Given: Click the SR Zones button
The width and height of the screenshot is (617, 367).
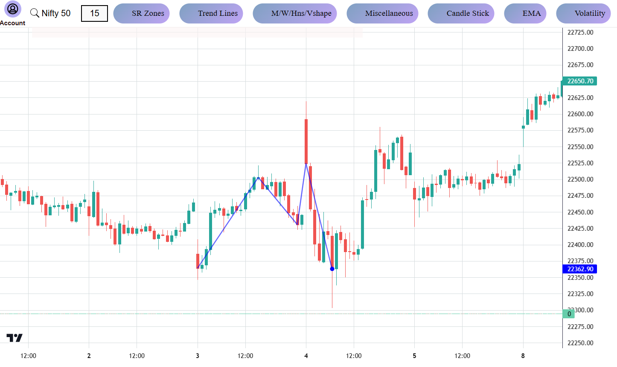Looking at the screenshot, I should click(x=142, y=13).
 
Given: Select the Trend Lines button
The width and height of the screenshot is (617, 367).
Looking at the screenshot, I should click(x=212, y=13).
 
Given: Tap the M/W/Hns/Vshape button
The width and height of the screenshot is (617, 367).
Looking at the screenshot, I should click(x=295, y=13).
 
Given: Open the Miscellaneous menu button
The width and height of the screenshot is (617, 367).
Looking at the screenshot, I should click(x=383, y=13).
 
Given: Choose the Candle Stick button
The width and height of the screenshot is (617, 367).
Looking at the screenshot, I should click(x=461, y=13).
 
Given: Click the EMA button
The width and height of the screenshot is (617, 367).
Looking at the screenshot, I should click(x=525, y=13).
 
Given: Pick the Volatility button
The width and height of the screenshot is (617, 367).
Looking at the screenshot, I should click(x=584, y=13).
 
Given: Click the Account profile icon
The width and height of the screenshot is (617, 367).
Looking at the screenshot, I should click(x=13, y=9).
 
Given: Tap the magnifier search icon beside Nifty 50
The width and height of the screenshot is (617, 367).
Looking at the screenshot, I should click(x=35, y=13).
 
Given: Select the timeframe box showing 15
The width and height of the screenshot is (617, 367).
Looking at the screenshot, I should click(x=94, y=13).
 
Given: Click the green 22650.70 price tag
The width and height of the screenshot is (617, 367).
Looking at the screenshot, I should click(x=580, y=81).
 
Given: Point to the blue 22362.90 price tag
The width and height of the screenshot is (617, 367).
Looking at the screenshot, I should click(x=580, y=269).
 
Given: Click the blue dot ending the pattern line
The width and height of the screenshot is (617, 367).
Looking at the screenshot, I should click(x=332, y=269).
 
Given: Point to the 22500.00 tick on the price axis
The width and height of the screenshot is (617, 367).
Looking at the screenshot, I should click(x=580, y=179).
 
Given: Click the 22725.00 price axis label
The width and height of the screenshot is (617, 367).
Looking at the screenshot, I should click(x=580, y=32).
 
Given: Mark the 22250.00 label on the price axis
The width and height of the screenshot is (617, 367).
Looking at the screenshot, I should click(x=580, y=343).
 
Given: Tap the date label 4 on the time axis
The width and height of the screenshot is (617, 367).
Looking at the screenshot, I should click(x=306, y=356).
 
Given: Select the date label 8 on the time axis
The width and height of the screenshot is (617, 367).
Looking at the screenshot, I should click(x=523, y=356).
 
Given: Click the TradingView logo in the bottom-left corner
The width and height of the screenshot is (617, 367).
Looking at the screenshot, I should click(x=15, y=338).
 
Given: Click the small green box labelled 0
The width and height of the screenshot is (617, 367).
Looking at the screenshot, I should click(x=569, y=314).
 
